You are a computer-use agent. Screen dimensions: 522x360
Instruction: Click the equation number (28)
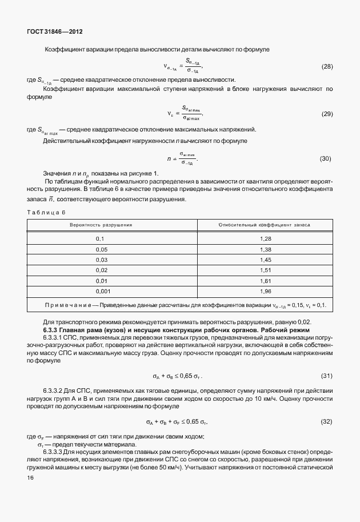pos(327,67)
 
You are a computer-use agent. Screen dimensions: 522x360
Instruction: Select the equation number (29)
pos(327,113)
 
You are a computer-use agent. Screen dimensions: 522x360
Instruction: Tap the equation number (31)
pos(326,376)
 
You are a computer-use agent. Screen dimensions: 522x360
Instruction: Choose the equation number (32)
pos(326,421)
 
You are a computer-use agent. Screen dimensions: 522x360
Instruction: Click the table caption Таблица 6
pos(47,212)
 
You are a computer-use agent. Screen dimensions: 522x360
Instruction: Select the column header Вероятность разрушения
pos(101,225)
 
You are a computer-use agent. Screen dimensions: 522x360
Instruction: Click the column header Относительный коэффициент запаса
pos(264,225)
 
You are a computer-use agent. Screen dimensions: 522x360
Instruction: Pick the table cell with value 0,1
pos(101,238)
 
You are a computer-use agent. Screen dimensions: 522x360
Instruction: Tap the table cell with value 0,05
pos(102,249)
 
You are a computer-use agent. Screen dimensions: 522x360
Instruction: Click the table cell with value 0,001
pos(102,292)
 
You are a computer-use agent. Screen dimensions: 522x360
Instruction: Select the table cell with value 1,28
pos(265,238)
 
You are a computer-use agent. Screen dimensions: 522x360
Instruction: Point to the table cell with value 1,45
pos(265,260)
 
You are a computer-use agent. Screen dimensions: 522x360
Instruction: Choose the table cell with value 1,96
pos(265,292)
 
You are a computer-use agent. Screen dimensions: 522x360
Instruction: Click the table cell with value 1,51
pos(265,270)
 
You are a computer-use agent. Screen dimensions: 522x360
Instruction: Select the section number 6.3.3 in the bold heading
pos(53,330)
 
